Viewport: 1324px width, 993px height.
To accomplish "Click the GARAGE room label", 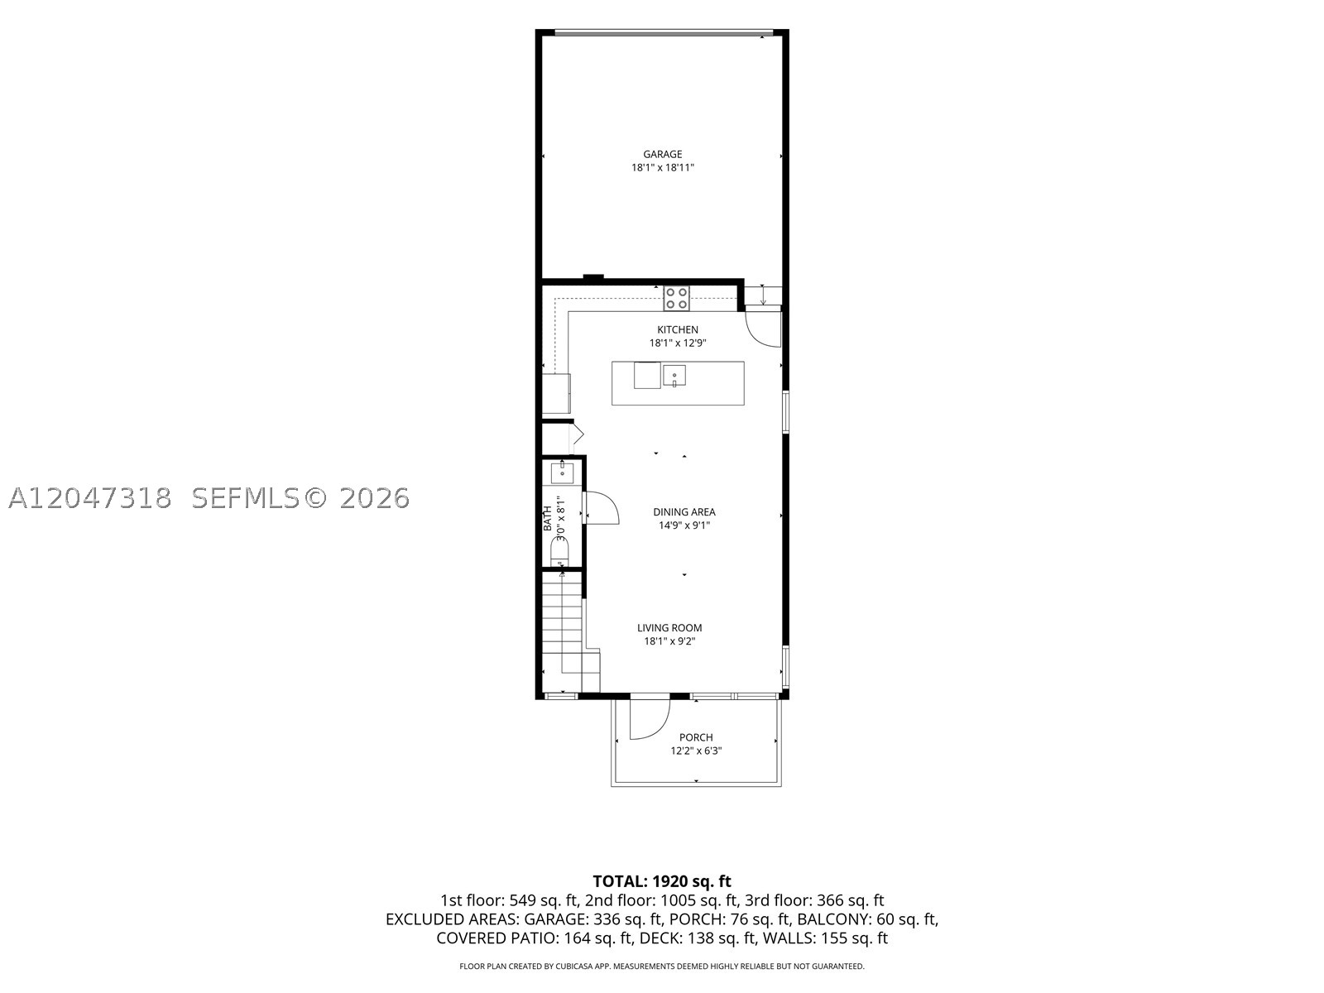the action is pyautogui.click(x=662, y=155).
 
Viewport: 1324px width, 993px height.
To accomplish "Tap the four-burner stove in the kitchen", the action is pyautogui.click(x=677, y=299).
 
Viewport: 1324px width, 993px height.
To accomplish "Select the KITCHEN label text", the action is pyautogui.click(x=678, y=330).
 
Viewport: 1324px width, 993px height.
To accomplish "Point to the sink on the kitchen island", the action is pyautogui.click(x=674, y=376).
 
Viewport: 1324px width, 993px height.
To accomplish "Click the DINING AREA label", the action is pyautogui.click(x=684, y=512).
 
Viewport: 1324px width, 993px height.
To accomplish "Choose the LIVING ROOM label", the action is pyautogui.click(x=669, y=627).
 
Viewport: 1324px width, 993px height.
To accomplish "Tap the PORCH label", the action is pyautogui.click(x=696, y=737).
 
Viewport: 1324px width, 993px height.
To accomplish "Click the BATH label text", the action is pyautogui.click(x=548, y=518).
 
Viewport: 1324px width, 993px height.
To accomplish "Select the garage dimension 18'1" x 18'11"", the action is pyautogui.click(x=662, y=168).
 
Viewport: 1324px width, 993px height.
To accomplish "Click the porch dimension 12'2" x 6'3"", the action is pyautogui.click(x=696, y=751).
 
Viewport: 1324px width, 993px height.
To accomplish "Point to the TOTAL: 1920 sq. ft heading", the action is pyautogui.click(x=662, y=881).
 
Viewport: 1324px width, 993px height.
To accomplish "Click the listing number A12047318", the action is pyautogui.click(x=90, y=499).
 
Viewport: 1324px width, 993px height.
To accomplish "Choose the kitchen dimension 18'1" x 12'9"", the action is pyautogui.click(x=678, y=343).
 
